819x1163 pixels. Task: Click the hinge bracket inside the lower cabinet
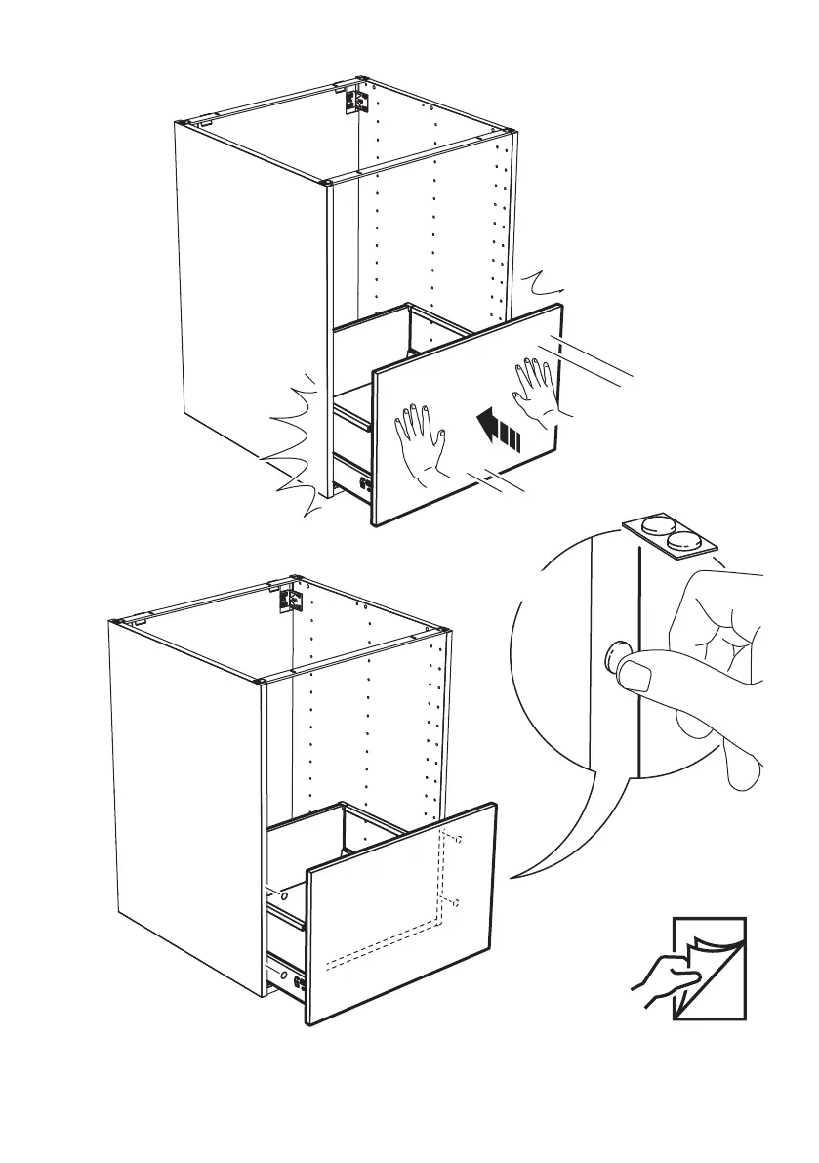(x=288, y=599)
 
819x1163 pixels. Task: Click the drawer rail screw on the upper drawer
(x=362, y=482)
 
